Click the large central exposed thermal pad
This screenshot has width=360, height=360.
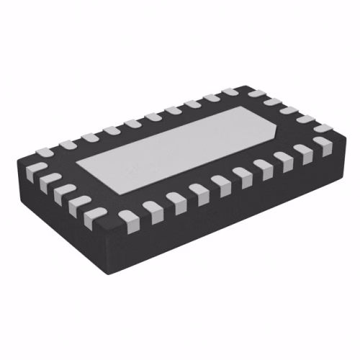[180, 148]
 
